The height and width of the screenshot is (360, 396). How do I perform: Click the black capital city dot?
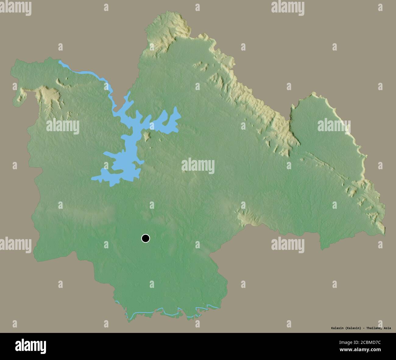[x=146, y=238]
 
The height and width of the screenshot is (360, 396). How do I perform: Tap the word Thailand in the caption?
[x=373, y=328]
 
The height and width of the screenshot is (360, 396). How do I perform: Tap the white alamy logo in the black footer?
[x=30, y=346]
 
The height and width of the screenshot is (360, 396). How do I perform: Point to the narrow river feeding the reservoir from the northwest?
[x=88, y=73]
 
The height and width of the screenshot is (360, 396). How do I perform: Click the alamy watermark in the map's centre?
[x=198, y=166]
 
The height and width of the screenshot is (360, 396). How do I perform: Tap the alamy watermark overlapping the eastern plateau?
[x=334, y=125]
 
